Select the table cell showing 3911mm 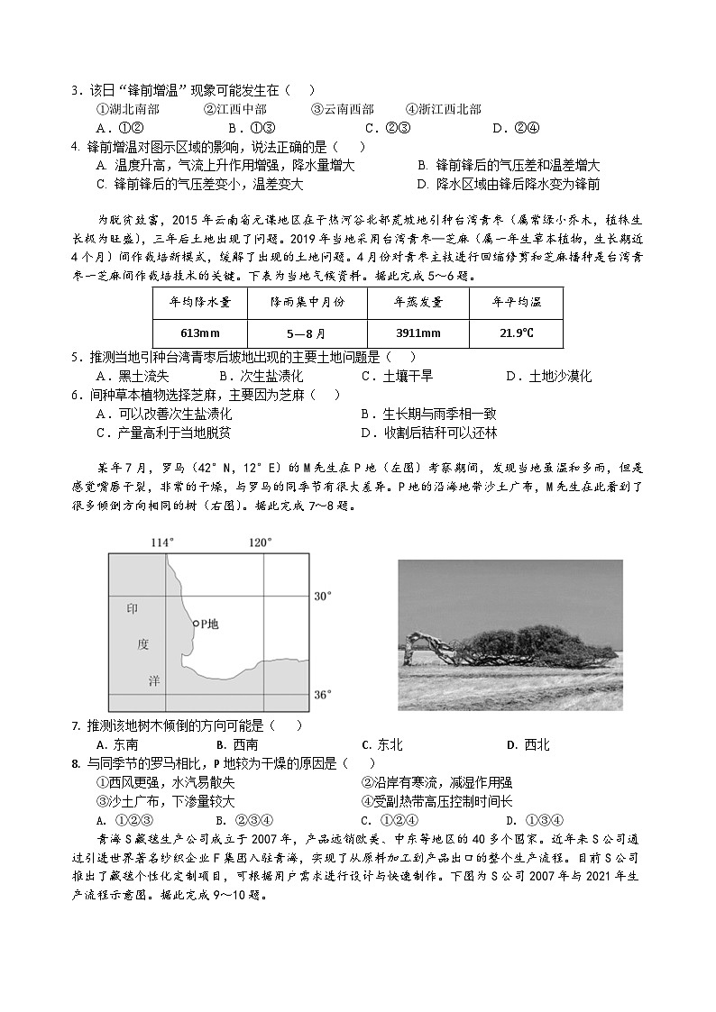417,333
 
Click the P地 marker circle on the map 196,623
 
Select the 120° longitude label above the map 260,542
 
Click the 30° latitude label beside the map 323,596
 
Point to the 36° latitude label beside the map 323,695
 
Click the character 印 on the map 133,609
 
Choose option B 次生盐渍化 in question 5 262,377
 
